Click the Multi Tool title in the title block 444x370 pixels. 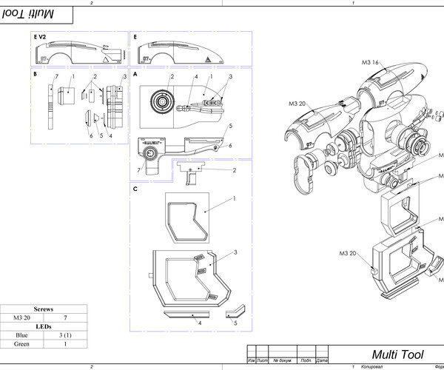pyautogui.click(x=394, y=353)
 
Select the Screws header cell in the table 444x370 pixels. pyautogui.click(x=44, y=309)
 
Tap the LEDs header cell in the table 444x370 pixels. pyautogui.click(x=44, y=326)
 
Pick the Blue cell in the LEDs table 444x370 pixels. pyautogui.click(x=21, y=335)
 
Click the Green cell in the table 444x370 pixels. pyautogui.click(x=21, y=344)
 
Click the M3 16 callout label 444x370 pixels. pyautogui.click(x=370, y=64)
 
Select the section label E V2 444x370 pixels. pyautogui.click(x=40, y=36)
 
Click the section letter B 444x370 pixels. pyautogui.click(x=35, y=75)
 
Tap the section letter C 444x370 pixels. pyautogui.click(x=135, y=189)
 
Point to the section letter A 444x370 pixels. pyautogui.click(x=135, y=75)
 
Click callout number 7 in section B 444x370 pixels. pyautogui.click(x=57, y=77)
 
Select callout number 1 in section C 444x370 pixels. pyautogui.click(x=235, y=198)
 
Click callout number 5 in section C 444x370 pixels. pyautogui.click(x=235, y=323)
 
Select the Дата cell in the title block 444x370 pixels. pyautogui.click(x=321, y=360)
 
